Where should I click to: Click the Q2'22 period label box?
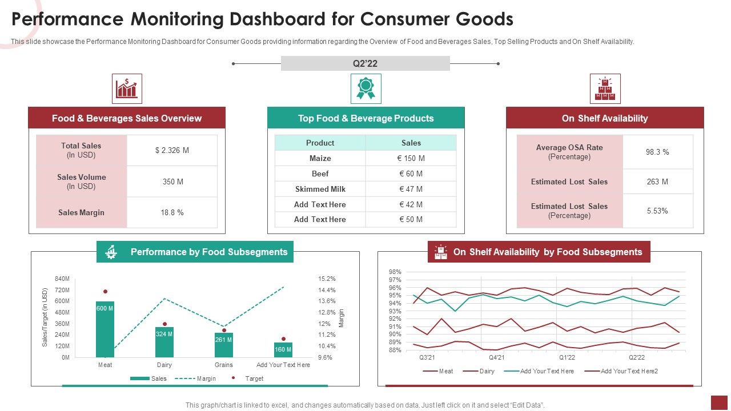365,63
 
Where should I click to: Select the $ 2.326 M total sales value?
172,150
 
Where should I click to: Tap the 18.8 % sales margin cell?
172,212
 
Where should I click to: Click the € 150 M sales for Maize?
411,158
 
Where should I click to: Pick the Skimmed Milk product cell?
320,189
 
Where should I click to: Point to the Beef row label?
320,174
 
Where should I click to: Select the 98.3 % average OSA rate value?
657,152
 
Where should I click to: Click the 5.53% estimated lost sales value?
657,211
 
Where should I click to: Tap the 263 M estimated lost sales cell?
657,182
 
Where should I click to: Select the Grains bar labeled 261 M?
224,345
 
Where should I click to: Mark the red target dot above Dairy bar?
164,324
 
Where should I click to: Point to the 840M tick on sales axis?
62,279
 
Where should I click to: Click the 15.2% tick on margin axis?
327,279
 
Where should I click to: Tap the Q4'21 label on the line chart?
496,357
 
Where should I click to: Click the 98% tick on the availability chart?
395,272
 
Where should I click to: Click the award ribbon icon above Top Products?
365,88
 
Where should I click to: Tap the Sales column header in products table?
411,143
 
